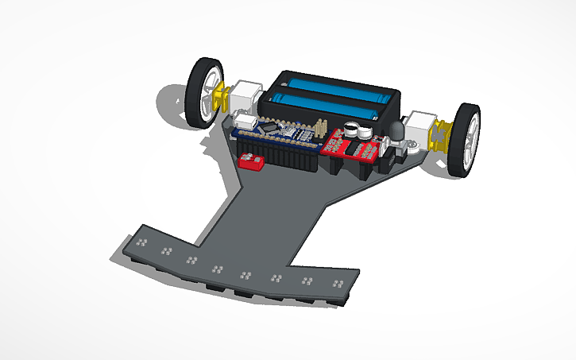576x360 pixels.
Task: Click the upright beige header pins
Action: [x=320, y=127]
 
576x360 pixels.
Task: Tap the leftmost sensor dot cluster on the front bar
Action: [x=143, y=241]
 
